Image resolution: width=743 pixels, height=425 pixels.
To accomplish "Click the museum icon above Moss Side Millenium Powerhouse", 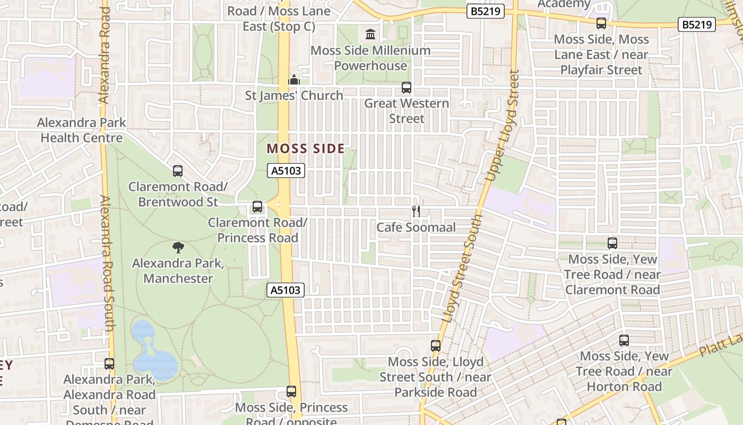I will click(370, 35).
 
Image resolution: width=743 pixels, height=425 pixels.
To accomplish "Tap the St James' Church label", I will click(294, 96).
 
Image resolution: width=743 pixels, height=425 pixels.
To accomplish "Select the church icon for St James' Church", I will click(293, 80).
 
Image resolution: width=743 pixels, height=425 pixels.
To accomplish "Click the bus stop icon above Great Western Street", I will click(407, 88).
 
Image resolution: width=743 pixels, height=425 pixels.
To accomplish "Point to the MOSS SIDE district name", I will click(306, 149).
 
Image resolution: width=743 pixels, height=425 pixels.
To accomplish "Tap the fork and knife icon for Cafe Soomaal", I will click(416, 211).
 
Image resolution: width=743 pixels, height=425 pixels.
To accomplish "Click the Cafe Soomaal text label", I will click(416, 227).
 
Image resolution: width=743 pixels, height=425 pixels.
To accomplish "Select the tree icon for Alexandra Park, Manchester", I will click(178, 247).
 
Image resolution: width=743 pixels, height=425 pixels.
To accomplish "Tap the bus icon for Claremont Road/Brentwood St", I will click(178, 171).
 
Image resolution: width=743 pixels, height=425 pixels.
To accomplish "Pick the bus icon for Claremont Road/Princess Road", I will click(257, 207).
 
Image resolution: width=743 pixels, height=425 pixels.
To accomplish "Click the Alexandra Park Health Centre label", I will click(82, 130).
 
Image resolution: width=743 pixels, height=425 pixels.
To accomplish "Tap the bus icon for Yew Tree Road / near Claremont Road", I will click(612, 243).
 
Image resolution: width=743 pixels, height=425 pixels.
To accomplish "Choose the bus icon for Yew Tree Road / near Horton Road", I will click(624, 341).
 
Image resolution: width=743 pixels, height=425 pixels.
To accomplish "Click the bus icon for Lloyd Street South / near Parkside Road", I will click(436, 346).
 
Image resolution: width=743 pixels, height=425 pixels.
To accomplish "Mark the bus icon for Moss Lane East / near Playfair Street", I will click(601, 23).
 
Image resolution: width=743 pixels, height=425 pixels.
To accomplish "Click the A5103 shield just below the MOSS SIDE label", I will click(287, 171).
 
